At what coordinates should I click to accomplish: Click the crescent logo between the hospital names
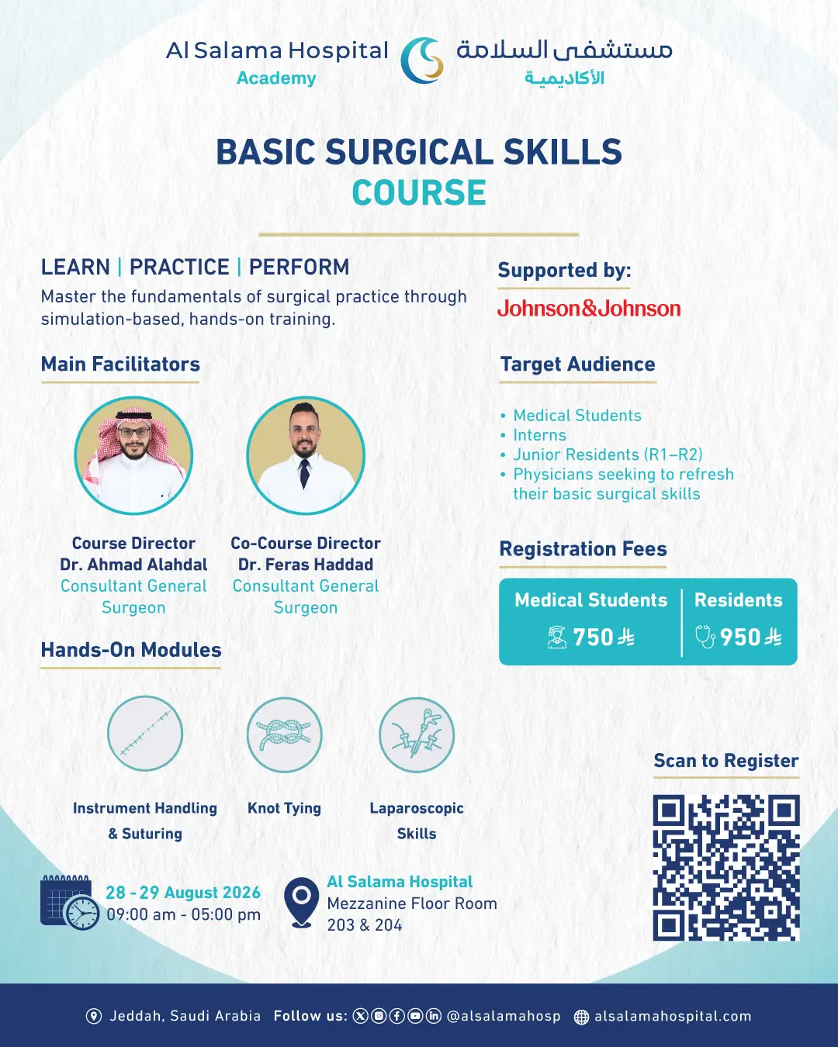pos(421,60)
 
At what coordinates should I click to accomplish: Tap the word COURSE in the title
pos(419,192)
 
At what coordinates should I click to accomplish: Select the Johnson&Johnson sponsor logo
pos(589,309)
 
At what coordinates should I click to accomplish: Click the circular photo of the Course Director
pos(133,455)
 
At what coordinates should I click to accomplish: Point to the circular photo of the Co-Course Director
pos(306,455)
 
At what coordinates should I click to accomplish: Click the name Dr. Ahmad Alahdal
pos(133,565)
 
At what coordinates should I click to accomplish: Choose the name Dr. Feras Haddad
pos(306,565)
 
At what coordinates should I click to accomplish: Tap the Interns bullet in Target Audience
pos(539,435)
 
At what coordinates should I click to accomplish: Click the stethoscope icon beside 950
pos(705,637)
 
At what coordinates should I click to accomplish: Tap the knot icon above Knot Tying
pos(284,734)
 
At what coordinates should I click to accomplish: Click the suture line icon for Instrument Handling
pos(144,733)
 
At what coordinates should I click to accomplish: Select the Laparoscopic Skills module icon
pos(417,734)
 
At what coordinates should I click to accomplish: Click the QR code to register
pos(726,868)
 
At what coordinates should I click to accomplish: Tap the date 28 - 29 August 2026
pos(183,893)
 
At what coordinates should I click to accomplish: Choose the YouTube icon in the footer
pos(415,1016)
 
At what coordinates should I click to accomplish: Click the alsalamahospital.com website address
pos(673,1016)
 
